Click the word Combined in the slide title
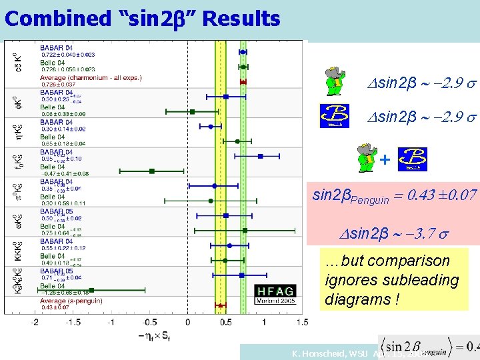pyautogui.click(x=45, y=19)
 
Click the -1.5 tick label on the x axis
pyautogui.click(x=73, y=322)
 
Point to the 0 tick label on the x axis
pyautogui.click(x=187, y=322)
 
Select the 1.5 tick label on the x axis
pyautogui.click(x=301, y=322)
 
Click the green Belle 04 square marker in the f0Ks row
pyautogui.click(x=152, y=171)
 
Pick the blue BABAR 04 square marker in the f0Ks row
pyautogui.click(x=260, y=156)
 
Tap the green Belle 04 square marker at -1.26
pyautogui.click(x=91, y=290)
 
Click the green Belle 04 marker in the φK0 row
pyautogui.click(x=192, y=111)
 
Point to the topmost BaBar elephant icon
pyautogui.click(x=331, y=81)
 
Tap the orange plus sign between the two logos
pyautogui.click(x=384, y=160)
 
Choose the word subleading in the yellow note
pyautogui.click(x=425, y=281)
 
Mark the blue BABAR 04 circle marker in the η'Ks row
pyautogui.click(x=211, y=125)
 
